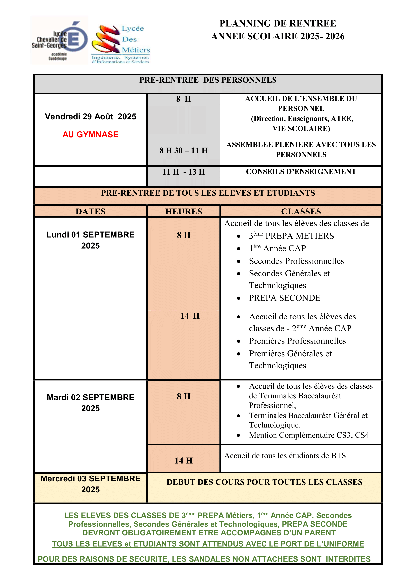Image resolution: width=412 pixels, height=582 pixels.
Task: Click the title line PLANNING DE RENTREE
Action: tap(277, 24)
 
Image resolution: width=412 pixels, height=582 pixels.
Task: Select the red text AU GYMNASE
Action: tap(90, 134)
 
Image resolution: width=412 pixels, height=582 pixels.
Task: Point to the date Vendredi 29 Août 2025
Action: tap(90, 117)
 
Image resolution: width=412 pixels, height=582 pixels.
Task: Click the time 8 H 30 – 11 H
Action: tap(183, 150)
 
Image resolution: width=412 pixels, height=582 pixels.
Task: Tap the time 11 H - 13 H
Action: tap(183, 172)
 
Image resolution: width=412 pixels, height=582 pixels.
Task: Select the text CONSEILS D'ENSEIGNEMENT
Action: tap(301, 172)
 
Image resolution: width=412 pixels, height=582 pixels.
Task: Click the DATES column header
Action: tap(90, 212)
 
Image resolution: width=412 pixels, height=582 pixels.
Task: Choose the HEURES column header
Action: tap(183, 212)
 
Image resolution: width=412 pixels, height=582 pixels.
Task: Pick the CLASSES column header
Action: tap(301, 212)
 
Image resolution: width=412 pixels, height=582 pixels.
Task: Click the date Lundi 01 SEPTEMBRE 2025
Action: tap(90, 240)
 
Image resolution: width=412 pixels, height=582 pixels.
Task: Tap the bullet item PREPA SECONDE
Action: tap(284, 298)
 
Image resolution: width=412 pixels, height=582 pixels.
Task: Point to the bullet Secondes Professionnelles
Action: tap(296, 261)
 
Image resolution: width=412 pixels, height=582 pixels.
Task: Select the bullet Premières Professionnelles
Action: tap(297, 341)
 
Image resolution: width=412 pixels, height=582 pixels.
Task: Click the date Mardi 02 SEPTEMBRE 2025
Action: tap(90, 403)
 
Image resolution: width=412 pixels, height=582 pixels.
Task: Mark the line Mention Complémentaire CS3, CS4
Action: tap(309, 435)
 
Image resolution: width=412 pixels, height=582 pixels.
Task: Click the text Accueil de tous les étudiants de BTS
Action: tap(285, 456)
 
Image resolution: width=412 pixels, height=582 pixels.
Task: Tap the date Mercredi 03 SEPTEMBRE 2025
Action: tap(90, 484)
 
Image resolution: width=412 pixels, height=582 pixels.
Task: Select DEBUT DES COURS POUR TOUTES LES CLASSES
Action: tap(264, 482)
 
